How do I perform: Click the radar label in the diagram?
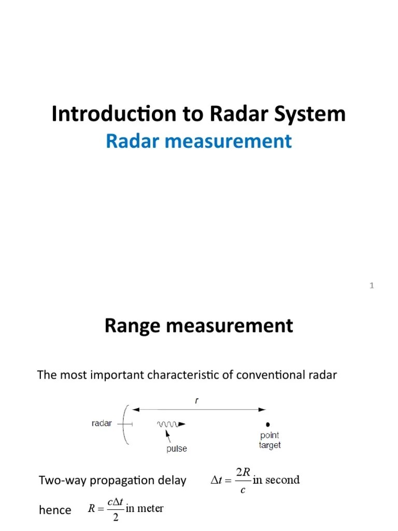click(x=102, y=424)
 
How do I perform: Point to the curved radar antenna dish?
click(x=125, y=424)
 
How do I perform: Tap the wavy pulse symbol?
click(x=169, y=424)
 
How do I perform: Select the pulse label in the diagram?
click(x=177, y=449)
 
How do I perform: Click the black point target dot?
click(x=268, y=424)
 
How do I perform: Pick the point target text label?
click(x=269, y=441)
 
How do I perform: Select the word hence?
click(x=55, y=510)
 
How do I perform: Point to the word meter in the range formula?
click(x=150, y=508)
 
